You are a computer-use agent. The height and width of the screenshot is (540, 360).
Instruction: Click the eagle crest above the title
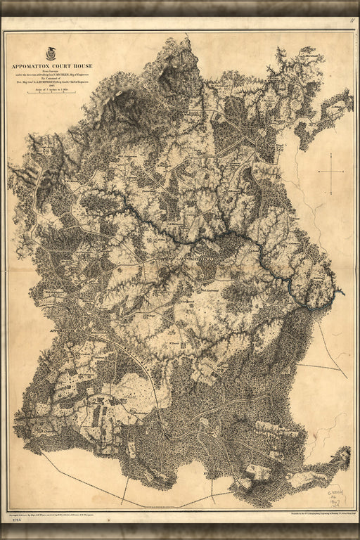tap(52, 52)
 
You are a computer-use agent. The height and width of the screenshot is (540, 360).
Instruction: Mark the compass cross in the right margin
tap(330, 171)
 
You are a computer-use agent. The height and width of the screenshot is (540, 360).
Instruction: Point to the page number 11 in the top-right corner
tap(352, 21)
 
